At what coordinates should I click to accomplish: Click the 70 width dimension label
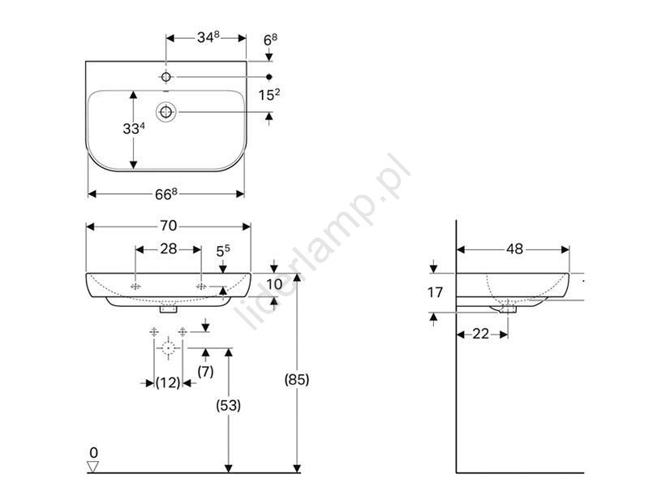tap(169, 226)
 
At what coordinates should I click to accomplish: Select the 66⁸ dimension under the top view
tap(166, 194)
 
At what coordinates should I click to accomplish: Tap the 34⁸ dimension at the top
tap(208, 37)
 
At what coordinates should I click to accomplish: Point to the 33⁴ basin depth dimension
tap(134, 128)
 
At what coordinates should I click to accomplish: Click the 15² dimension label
tap(269, 94)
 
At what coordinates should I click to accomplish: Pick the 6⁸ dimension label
tap(270, 40)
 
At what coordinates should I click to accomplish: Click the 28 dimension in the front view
tap(169, 249)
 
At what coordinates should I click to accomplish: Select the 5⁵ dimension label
tap(223, 251)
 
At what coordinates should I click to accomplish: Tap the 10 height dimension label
tap(274, 284)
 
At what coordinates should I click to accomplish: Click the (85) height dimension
tap(297, 379)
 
